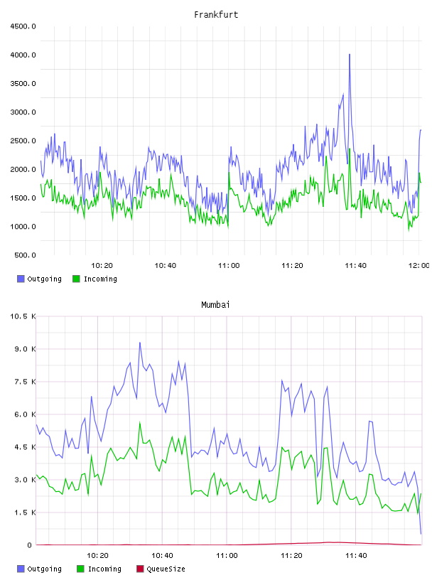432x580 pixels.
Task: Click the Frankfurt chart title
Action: pos(216,15)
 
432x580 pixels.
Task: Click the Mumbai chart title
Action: pos(215,305)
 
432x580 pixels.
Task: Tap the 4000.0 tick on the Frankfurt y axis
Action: pos(23,55)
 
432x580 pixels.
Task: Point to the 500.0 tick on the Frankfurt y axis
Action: pos(25,255)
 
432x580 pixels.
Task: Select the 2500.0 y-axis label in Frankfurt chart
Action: pos(23,141)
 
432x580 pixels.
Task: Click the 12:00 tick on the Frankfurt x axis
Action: pos(418,266)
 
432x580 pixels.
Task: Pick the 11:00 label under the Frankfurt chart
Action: pos(229,266)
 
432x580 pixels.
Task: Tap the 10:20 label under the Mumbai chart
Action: pos(97,556)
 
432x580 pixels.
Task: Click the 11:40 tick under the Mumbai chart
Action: pos(356,556)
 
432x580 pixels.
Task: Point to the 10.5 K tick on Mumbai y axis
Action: pos(23,316)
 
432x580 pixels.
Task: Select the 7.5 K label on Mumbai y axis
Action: pos(25,382)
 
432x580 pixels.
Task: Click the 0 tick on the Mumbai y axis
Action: pos(30,545)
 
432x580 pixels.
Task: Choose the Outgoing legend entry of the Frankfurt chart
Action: pos(39,279)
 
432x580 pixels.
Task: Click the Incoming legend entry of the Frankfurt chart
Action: pos(94,279)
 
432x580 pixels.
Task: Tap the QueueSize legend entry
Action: pos(161,569)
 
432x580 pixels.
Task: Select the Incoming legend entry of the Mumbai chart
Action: pos(99,569)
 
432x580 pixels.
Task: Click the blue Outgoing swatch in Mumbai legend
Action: pos(21,569)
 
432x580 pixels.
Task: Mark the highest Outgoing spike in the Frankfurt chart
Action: pos(350,55)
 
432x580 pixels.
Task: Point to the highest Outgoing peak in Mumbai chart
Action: pos(140,343)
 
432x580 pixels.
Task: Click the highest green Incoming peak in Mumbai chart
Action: pos(140,422)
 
